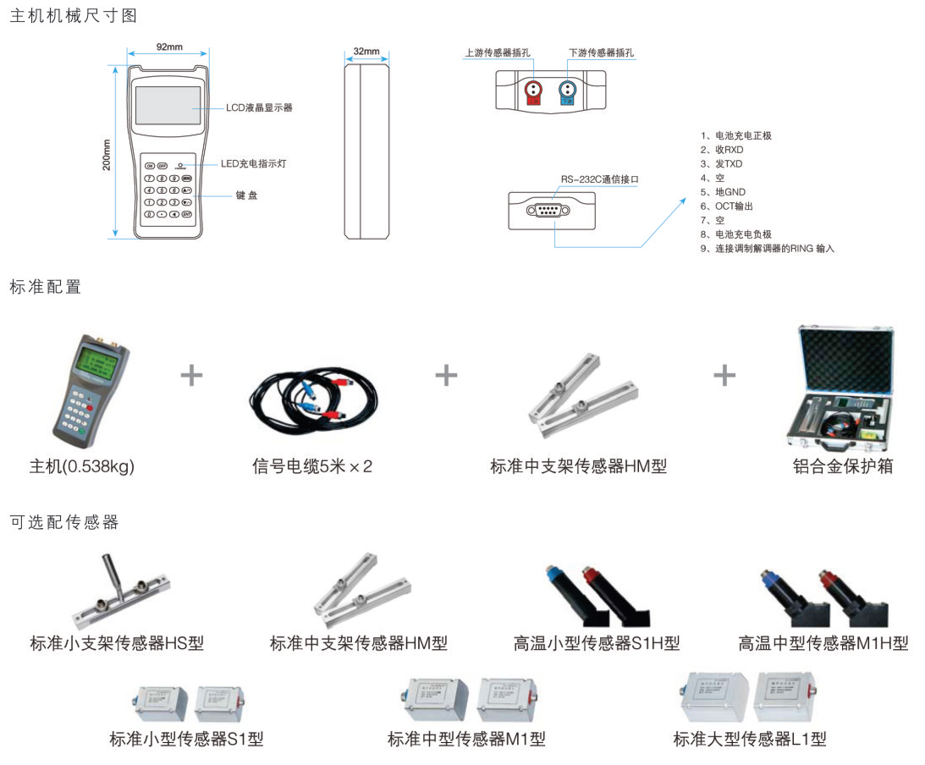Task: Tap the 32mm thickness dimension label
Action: (x=366, y=52)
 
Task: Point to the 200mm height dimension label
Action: (x=107, y=155)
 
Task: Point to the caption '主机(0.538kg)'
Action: (x=82, y=466)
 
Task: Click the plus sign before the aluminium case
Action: (x=724, y=375)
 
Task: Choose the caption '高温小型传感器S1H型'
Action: (x=597, y=644)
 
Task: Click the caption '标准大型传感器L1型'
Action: (x=750, y=740)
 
